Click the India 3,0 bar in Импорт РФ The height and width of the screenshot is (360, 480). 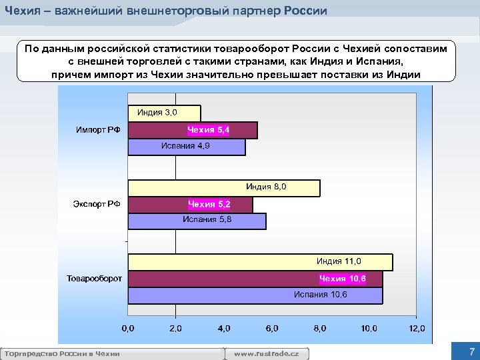point(164,113)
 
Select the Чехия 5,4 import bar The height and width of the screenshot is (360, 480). point(192,130)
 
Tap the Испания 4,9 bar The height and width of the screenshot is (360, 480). point(186,147)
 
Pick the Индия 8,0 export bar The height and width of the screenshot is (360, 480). point(223,187)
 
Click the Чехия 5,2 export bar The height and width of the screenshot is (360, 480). point(190,205)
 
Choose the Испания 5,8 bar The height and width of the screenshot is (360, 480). point(197,221)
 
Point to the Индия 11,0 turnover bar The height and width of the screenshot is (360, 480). point(260,262)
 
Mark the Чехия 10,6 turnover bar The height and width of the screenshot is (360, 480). point(255,279)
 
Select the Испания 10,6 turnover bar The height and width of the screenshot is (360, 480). point(255,295)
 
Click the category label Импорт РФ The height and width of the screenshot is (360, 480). point(98,130)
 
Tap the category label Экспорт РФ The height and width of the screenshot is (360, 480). point(97,204)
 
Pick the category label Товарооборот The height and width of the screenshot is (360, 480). point(94,278)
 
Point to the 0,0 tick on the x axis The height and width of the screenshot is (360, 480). point(127,328)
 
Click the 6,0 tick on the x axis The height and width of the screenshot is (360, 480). point(272,328)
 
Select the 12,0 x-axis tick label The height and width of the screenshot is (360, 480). point(417,328)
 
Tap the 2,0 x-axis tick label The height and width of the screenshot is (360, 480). point(175,328)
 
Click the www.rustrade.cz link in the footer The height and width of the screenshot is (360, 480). point(271,353)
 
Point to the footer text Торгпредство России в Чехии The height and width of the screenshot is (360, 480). point(61,353)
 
